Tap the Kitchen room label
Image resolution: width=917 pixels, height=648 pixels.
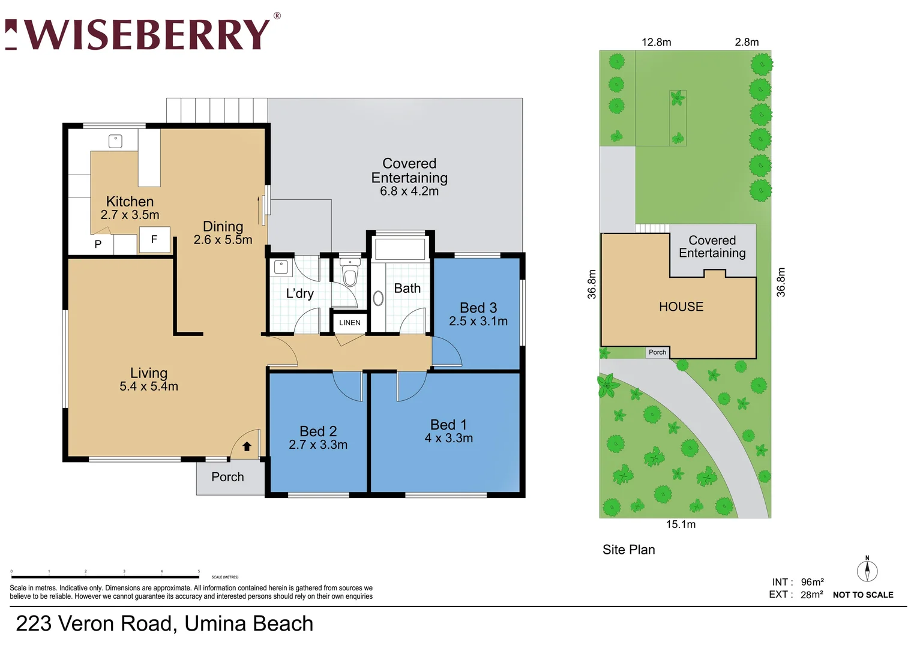[130, 202]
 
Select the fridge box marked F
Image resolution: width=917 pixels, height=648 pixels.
[154, 239]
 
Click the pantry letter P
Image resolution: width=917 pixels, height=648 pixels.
[98, 244]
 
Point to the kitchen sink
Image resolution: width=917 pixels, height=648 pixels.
[115, 141]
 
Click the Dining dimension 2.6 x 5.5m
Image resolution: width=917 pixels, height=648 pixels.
[223, 240]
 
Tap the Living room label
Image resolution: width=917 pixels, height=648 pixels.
[149, 373]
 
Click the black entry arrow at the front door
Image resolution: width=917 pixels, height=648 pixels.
[247, 446]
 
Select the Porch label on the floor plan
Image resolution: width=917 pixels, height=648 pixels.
[227, 477]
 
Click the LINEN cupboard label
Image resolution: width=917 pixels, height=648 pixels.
[350, 323]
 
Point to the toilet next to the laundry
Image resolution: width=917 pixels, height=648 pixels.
[350, 274]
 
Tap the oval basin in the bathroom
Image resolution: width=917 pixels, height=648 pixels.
[379, 298]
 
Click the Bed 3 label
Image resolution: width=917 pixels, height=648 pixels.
[478, 308]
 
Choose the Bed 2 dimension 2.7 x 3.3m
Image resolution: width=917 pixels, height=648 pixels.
[318, 445]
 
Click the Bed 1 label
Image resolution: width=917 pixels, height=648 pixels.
[448, 425]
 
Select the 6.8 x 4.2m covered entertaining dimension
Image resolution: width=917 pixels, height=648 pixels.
[409, 191]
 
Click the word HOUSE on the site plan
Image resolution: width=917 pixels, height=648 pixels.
[681, 307]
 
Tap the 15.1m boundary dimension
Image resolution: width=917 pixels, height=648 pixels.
[681, 524]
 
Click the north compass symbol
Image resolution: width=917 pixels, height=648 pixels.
[867, 570]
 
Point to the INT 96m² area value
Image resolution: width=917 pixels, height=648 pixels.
[812, 582]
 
